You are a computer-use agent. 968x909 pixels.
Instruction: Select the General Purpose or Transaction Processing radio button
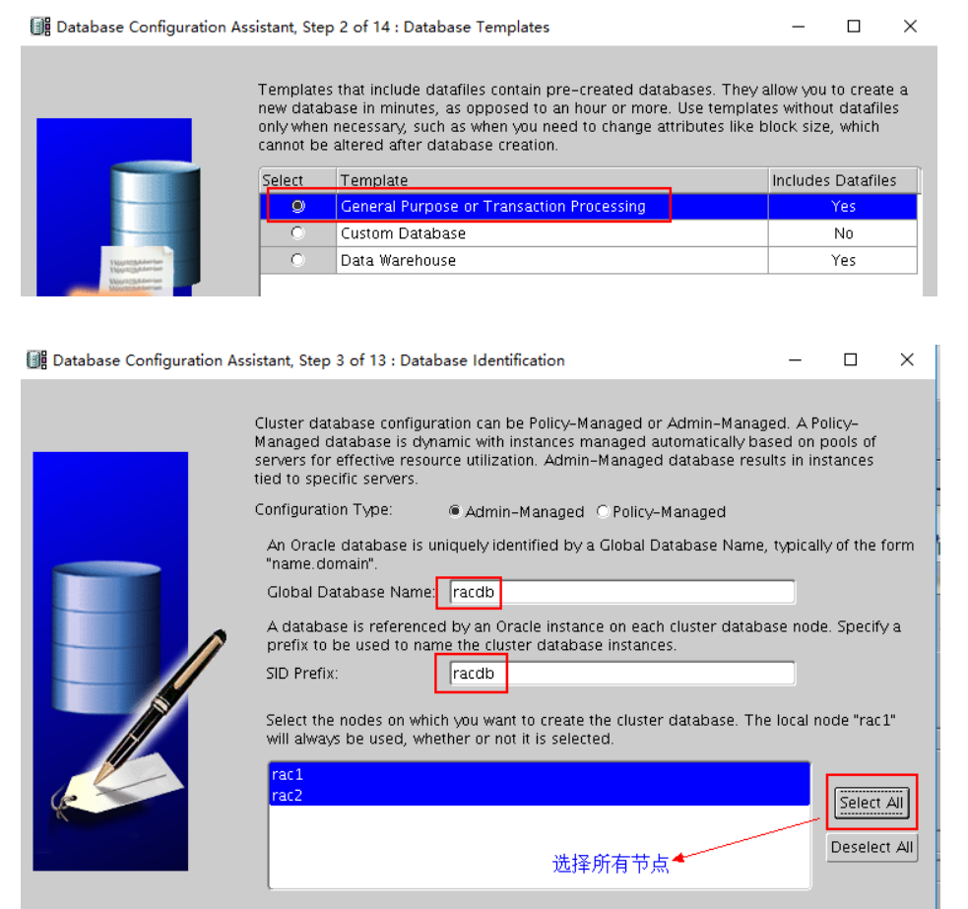pos(297,207)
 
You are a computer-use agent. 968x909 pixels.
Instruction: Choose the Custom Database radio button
pos(297,233)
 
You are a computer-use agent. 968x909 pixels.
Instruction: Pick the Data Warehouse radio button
pos(297,260)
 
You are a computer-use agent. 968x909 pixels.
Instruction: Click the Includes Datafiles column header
pos(834,180)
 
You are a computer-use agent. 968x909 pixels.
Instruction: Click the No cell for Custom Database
pos(843,233)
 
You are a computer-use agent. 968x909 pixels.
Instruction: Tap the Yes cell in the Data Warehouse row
pos(843,260)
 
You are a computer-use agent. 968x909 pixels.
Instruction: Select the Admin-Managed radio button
pos(455,512)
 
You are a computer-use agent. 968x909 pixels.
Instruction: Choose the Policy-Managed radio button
pos(603,512)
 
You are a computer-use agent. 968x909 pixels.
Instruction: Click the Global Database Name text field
pos(620,592)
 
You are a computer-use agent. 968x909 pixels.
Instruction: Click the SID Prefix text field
pos(620,674)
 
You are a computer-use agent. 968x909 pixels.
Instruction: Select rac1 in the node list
pos(288,775)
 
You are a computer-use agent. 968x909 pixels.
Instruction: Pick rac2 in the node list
pos(288,796)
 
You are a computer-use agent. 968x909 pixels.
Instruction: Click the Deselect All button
pos(871,847)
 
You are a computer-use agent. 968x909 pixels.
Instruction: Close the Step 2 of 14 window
pos(910,27)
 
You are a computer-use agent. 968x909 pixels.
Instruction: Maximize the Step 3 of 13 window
pos(851,360)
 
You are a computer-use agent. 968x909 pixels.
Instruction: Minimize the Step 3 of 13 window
pos(796,360)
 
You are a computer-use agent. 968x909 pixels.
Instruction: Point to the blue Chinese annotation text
pos(611,864)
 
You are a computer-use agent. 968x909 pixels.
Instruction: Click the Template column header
pos(374,180)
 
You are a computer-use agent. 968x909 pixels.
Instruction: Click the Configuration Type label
pos(323,510)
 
